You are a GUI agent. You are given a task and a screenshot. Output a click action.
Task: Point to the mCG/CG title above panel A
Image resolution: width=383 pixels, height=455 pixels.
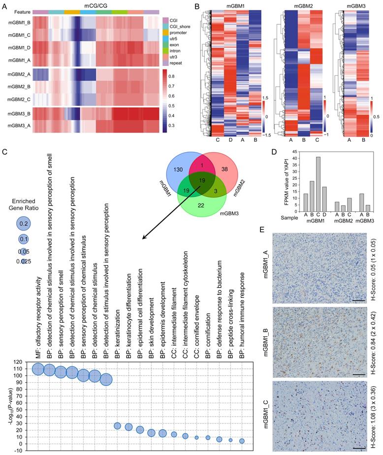point(97,4)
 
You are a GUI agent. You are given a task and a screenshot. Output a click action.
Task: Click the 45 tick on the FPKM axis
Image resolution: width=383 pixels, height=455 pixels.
point(300,150)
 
